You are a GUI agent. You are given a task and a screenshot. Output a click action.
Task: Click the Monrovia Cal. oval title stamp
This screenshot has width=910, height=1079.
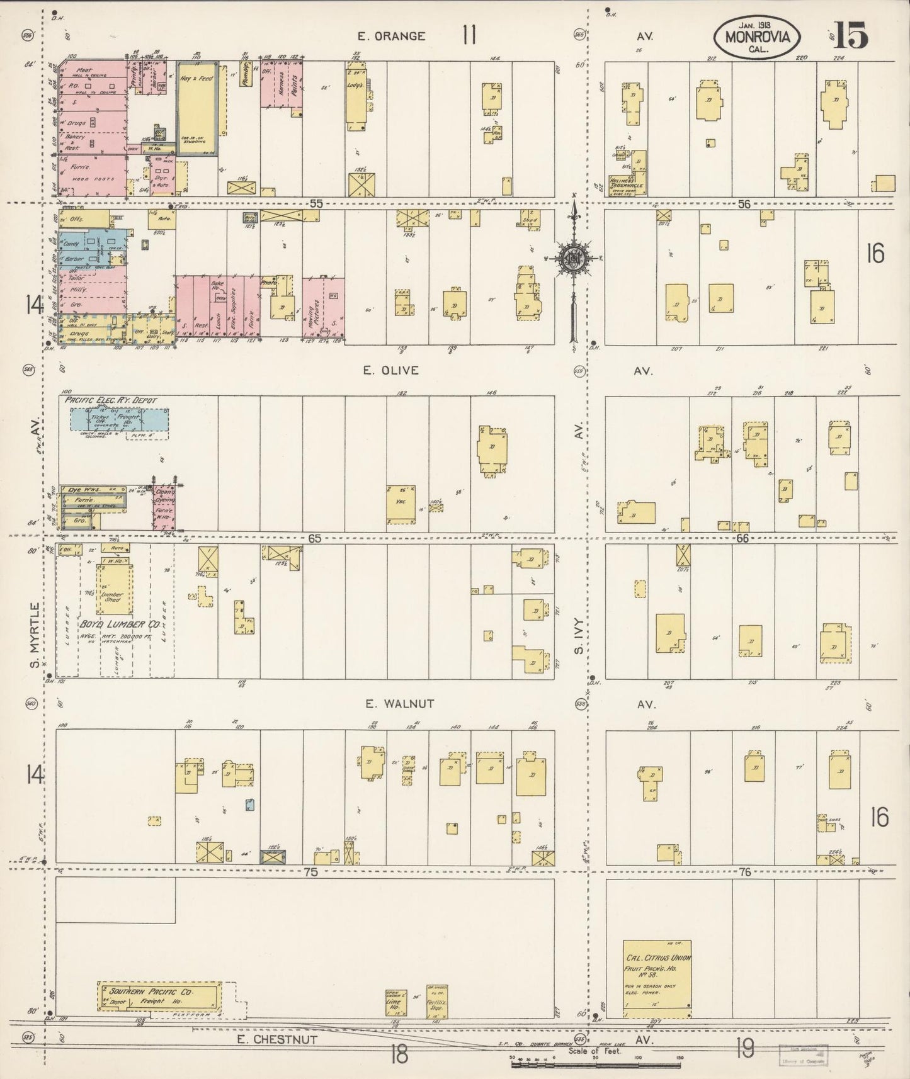(756, 37)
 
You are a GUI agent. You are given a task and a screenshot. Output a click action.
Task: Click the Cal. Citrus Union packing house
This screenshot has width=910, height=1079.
(657, 978)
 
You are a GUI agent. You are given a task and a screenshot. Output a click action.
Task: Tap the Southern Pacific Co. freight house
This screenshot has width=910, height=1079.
(161, 995)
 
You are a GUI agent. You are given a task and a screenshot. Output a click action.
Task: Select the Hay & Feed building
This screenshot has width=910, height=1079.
(197, 107)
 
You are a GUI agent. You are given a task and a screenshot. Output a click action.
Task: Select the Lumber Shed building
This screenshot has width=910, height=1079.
(115, 590)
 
